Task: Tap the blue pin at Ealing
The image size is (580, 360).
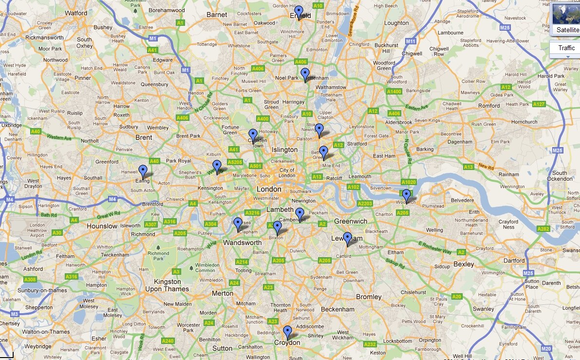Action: pos(143,171)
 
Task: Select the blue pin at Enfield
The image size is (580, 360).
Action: pos(299,12)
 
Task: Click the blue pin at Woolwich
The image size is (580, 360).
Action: pos(406,195)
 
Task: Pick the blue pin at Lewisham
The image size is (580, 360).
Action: pos(347,238)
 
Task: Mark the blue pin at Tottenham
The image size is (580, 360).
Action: pos(305,74)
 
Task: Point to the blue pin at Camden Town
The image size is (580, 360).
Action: pos(253,134)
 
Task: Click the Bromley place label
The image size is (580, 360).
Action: pos(369,297)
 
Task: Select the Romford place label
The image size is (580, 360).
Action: pos(488,105)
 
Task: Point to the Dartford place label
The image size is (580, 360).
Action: pos(514,261)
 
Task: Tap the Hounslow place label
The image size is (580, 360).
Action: pos(102,226)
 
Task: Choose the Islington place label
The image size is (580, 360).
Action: pos(284,150)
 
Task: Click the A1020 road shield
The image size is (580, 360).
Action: pos(409,182)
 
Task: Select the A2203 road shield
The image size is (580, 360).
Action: pos(364,204)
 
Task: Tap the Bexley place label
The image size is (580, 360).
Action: pos(463,264)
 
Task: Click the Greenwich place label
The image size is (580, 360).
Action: pos(351,221)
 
